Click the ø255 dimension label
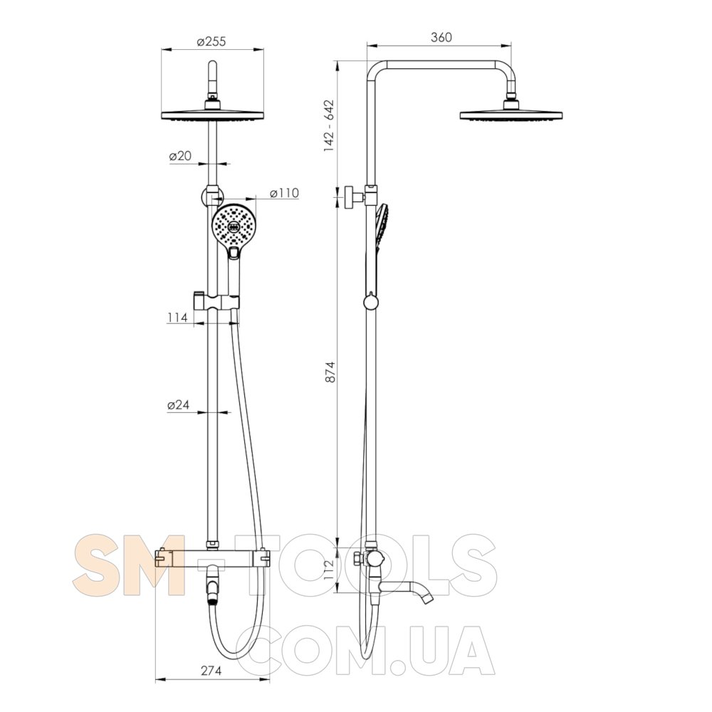tap(211, 41)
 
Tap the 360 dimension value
tap(441, 37)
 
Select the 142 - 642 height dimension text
tap(329, 126)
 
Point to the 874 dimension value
tap(330, 371)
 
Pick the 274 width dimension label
tap(211, 671)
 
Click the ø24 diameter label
tap(178, 404)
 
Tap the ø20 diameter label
tap(180, 156)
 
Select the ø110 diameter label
tap(285, 193)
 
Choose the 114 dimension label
tap(177, 317)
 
